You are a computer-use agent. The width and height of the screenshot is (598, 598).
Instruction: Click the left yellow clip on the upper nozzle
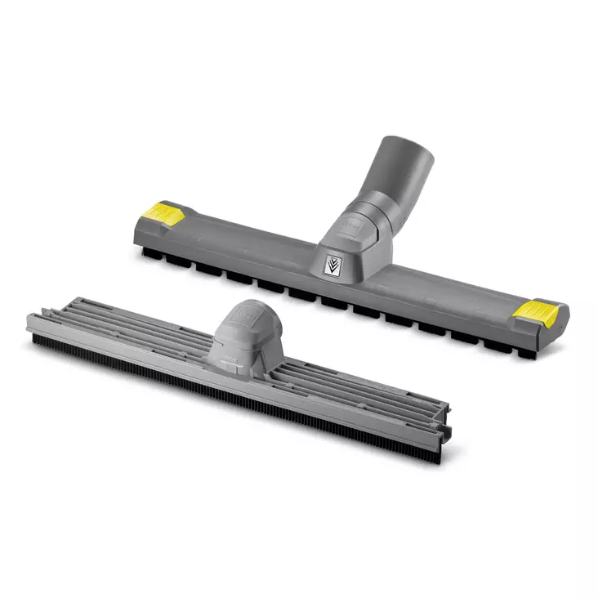tap(166, 214)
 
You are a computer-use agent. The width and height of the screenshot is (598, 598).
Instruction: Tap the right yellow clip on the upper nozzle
tap(539, 312)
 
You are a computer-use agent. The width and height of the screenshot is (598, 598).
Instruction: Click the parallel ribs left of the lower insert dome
tap(123, 323)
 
